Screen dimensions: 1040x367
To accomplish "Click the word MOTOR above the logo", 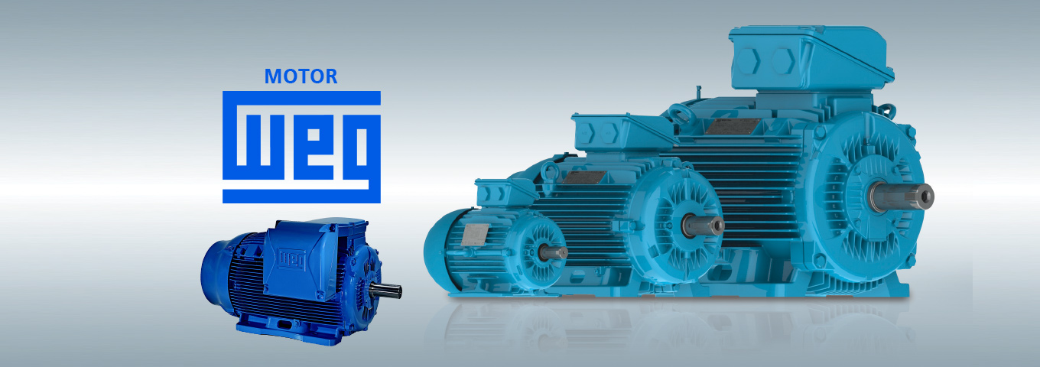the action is click(301, 76).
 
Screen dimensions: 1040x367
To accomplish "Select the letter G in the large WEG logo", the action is click(362, 151).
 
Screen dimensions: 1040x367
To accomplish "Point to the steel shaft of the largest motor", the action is click(902, 196).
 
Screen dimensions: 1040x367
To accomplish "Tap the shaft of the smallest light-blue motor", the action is click(554, 253).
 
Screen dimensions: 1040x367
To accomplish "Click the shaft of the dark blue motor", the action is click(386, 291).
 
